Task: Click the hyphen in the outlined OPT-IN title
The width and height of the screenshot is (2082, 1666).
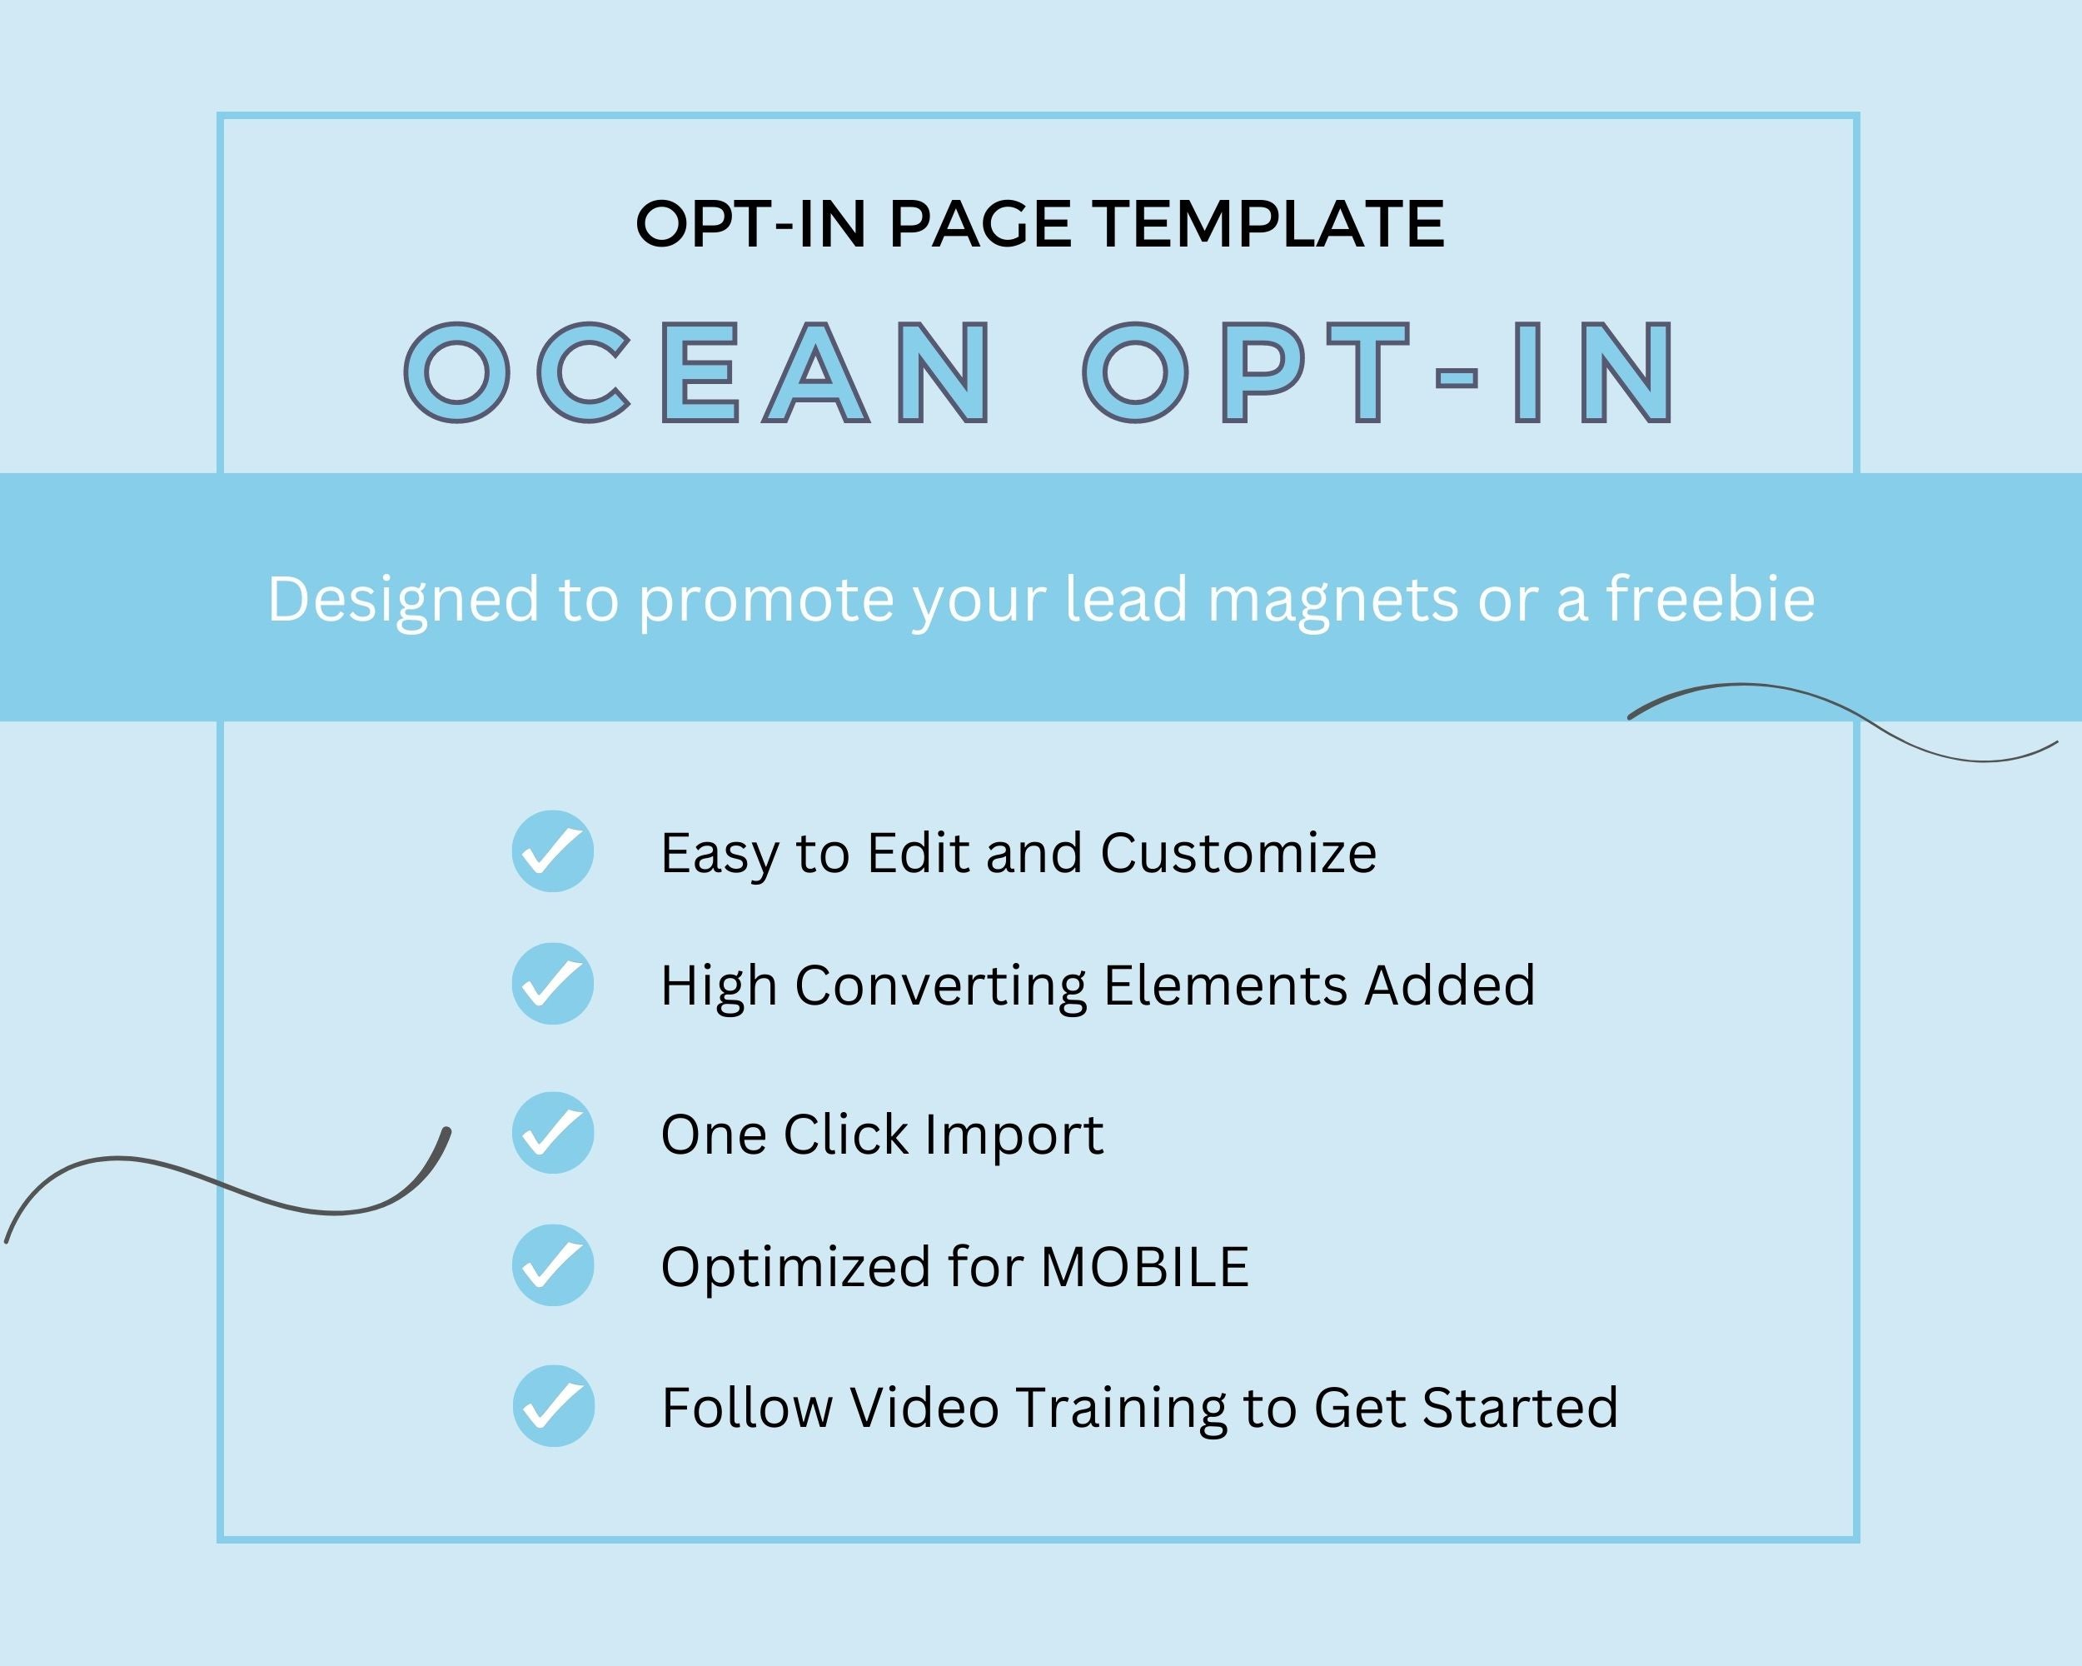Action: click(x=1457, y=377)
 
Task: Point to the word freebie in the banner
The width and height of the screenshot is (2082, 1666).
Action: click(x=1711, y=598)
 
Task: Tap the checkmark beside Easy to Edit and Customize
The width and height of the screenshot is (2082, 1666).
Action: click(x=552, y=850)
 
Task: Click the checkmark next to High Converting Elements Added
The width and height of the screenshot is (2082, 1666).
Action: click(x=552, y=983)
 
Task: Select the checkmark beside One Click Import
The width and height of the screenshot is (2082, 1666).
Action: click(x=552, y=1133)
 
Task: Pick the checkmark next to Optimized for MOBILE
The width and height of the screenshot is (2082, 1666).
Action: click(x=552, y=1265)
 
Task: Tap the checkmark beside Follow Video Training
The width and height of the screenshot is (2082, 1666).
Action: click(x=552, y=1405)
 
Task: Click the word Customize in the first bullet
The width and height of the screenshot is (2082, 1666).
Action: click(x=1238, y=853)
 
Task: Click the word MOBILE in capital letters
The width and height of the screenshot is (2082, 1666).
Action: click(x=1144, y=1267)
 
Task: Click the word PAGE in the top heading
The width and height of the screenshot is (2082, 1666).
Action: click(x=979, y=224)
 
